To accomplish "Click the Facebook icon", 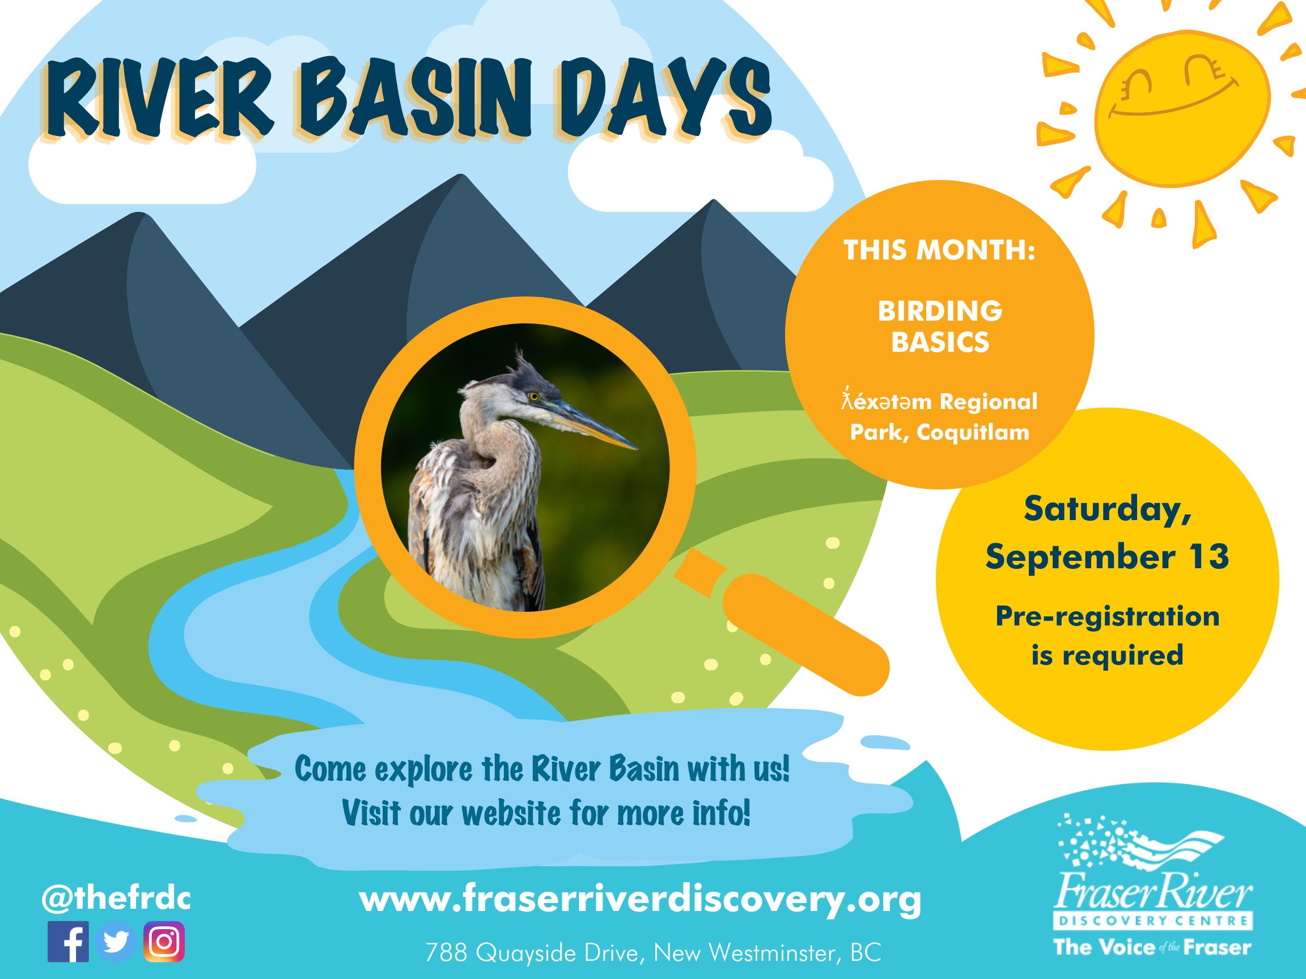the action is (x=68, y=941).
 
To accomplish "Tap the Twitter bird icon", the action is (x=116, y=941).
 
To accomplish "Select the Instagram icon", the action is (x=164, y=941).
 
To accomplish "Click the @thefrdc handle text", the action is (x=116, y=899).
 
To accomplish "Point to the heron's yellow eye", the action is (x=534, y=397).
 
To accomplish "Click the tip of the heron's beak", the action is (x=638, y=448).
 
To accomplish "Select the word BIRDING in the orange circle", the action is (x=940, y=311).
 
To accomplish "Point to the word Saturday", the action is (x=1107, y=510).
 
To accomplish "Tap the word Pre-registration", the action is (x=1107, y=616).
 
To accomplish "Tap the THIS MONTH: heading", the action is (x=940, y=250).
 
